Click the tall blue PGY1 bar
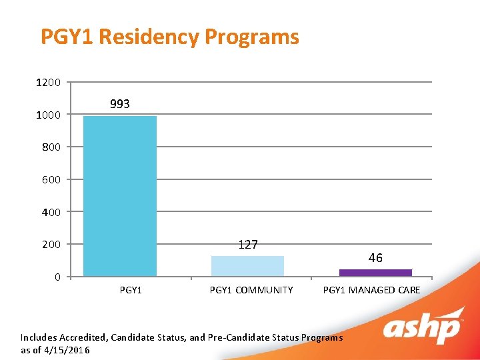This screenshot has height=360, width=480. tap(120, 196)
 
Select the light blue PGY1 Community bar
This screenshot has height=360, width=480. tap(247, 266)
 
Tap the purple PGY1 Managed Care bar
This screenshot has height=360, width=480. tap(375, 273)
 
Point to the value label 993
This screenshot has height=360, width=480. tap(120, 104)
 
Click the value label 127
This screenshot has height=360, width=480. tap(247, 245)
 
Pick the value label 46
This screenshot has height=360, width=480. tap(375, 258)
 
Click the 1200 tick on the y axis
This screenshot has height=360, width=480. tap(48, 83)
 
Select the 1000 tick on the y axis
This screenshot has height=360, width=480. tap(48, 115)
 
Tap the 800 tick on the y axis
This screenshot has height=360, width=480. tap(51, 147)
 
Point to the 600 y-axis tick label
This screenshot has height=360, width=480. tap(51, 180)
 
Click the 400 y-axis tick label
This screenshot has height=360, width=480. tap(51, 212)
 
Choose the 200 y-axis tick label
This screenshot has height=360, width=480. tap(51, 245)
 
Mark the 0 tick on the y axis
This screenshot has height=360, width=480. tap(57, 277)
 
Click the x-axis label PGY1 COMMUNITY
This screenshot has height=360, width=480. tap(251, 290)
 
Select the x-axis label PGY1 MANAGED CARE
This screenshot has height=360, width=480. tap(371, 290)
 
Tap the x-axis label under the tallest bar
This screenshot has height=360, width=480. tap(130, 290)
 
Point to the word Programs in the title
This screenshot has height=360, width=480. tap(252, 37)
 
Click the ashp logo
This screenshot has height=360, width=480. tap(423, 326)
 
